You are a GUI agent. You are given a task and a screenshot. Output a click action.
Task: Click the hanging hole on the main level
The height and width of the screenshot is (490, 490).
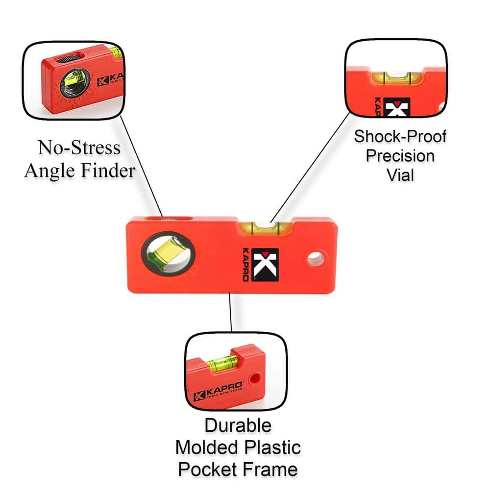point(316,259)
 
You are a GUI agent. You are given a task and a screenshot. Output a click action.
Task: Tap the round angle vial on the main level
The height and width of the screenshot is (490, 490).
point(169,253)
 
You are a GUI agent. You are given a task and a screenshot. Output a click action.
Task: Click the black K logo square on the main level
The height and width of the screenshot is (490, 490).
point(265,265)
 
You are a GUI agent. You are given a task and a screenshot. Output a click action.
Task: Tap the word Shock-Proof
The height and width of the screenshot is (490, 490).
point(400,136)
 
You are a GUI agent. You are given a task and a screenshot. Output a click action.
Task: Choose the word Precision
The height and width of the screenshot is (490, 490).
point(400,156)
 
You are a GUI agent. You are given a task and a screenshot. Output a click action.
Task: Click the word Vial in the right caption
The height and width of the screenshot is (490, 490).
point(400,175)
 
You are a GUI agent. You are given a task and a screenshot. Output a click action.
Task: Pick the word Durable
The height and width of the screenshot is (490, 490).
point(238,425)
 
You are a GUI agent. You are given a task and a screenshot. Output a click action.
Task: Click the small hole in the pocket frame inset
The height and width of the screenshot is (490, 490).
point(254,379)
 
